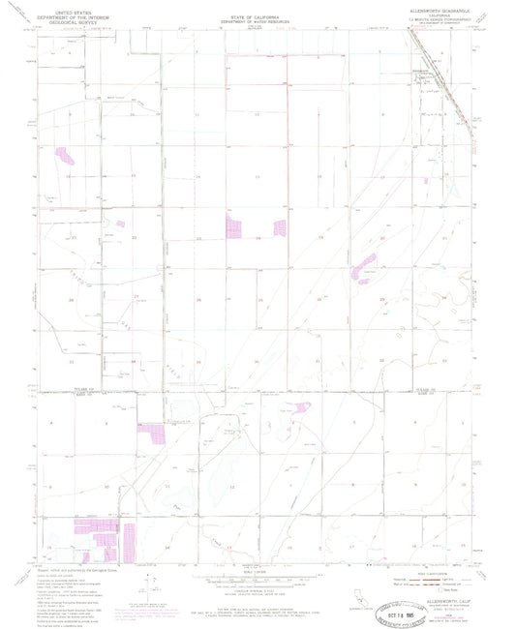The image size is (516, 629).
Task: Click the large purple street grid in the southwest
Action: coord(96,537)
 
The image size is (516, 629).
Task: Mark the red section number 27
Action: coord(136,297)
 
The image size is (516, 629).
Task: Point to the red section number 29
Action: coord(383,299)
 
